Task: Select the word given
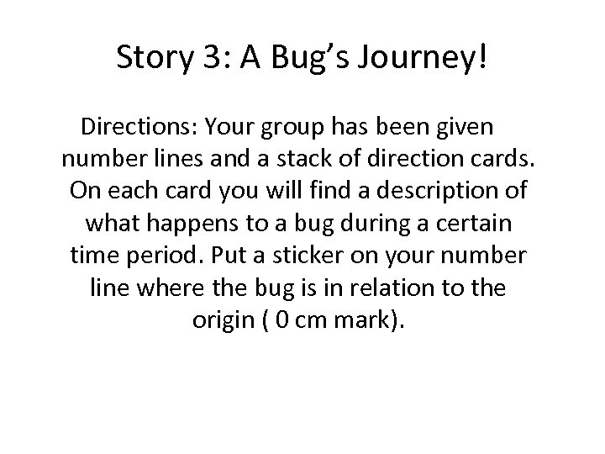coord(464,128)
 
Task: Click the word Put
coord(231,253)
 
